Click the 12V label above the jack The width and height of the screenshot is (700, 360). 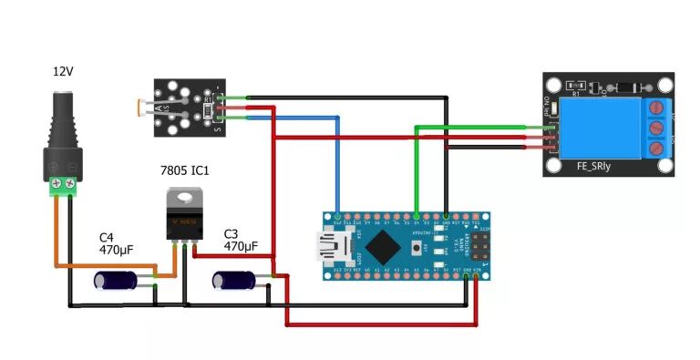click(62, 70)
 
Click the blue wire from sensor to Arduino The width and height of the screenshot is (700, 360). click(337, 164)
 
